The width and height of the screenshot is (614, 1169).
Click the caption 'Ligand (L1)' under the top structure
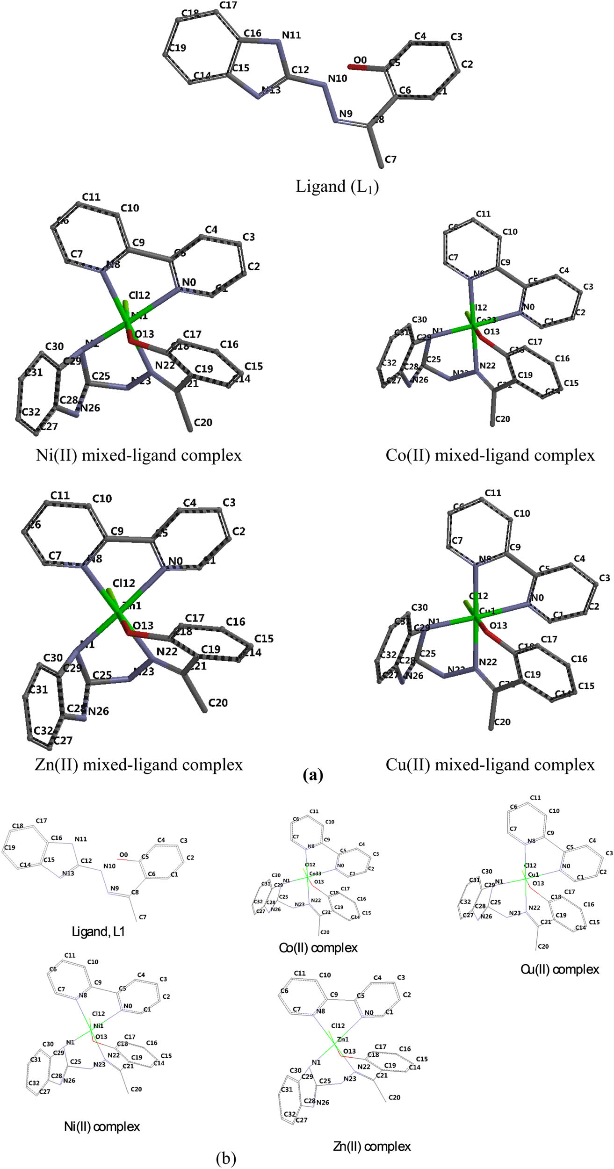tap(337, 187)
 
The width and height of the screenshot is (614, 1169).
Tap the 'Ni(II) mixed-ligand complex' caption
tap(139, 455)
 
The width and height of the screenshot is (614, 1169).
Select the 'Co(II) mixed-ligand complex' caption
tap(490, 455)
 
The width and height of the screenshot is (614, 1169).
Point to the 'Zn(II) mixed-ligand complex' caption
tap(139, 765)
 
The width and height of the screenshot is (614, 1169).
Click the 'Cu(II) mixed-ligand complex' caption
tap(490, 765)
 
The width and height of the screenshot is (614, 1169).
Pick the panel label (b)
tap(226, 1158)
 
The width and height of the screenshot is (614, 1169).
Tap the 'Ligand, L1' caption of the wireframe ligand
tap(98, 931)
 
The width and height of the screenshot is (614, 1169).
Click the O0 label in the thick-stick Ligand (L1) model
tap(360, 60)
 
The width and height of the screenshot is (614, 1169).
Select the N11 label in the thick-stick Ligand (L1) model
tap(291, 36)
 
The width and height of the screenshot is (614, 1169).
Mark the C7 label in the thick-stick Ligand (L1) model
tap(390, 159)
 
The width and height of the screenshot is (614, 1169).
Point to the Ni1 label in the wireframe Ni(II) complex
tap(98, 1026)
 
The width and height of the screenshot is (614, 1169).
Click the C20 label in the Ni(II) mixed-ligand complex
tap(203, 423)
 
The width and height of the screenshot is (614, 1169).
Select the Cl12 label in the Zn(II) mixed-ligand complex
tap(123, 584)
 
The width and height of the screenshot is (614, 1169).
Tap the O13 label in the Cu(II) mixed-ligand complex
tap(498, 626)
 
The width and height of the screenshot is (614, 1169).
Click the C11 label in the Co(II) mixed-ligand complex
tap(484, 214)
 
